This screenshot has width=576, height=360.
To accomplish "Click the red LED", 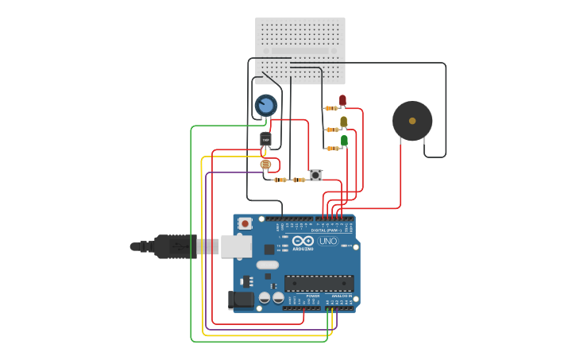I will (342, 100).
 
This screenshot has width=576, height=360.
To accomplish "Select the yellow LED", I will (343, 122).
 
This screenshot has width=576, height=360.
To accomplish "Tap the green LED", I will (344, 141).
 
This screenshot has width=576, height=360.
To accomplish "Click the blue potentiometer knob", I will (265, 105).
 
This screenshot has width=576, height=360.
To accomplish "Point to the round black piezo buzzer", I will (412, 121).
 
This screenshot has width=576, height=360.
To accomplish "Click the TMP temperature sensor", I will (265, 140).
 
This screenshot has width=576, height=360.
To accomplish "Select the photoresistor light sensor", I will (265, 165).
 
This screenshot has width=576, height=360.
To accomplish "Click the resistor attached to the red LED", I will (331, 109).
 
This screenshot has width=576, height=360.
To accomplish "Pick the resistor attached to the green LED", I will (331, 149).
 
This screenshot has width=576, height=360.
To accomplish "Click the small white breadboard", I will (300, 51).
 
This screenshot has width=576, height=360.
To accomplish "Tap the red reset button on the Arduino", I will (245, 224).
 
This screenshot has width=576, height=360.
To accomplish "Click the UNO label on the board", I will (327, 241).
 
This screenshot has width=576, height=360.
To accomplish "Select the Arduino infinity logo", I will (303, 241).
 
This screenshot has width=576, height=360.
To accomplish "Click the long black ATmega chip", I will (319, 283).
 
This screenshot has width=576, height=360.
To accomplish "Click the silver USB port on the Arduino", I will (236, 246).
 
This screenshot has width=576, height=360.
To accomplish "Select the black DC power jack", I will (241, 300).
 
